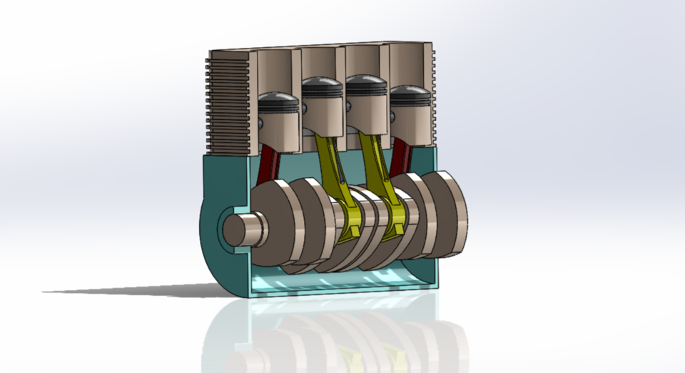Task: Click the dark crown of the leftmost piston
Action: (278, 99)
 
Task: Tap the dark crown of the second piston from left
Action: (323, 81)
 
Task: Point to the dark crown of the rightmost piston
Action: (410, 92)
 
